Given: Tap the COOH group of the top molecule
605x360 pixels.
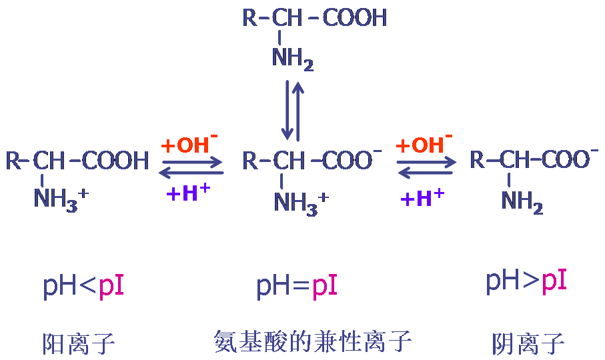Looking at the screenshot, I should [x=355, y=18].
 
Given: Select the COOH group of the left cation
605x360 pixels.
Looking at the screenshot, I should [x=117, y=161].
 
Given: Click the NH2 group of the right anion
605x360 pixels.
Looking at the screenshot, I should [x=522, y=201].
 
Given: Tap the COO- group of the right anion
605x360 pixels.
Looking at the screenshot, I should [x=566, y=159].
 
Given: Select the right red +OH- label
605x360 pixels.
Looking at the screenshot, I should [x=424, y=144].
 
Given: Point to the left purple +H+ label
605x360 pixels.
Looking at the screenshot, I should [x=188, y=193].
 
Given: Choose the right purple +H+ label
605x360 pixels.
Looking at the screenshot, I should [x=422, y=197].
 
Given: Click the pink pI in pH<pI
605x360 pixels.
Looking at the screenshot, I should [x=111, y=286].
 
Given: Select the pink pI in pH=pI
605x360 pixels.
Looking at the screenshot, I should [x=325, y=286].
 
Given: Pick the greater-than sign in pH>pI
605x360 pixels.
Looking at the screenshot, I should [x=530, y=281].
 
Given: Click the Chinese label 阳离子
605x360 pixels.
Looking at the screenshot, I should [x=79, y=343].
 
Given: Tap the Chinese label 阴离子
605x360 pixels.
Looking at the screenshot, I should [x=528, y=343].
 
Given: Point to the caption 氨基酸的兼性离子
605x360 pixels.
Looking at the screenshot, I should [x=313, y=341].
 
